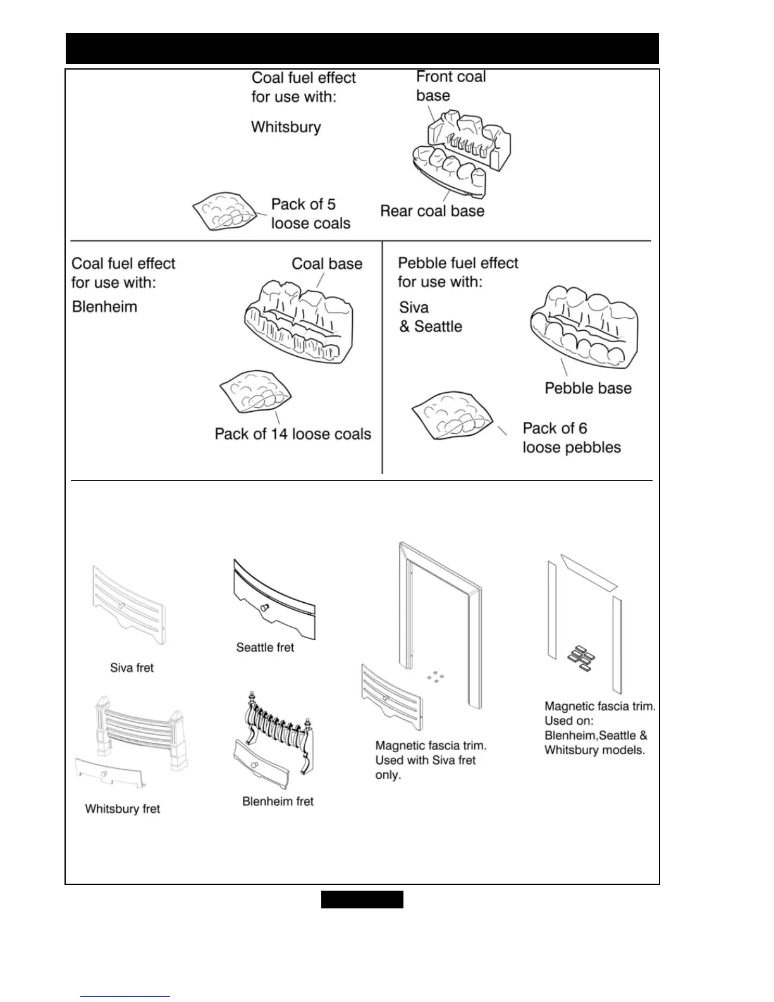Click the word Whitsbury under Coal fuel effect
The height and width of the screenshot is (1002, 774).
tap(286, 127)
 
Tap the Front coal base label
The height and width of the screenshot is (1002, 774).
tap(450, 86)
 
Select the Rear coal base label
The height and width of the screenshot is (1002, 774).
tap(432, 211)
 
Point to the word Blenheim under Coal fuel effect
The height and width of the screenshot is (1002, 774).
tap(104, 307)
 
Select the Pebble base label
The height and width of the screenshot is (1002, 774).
tap(588, 388)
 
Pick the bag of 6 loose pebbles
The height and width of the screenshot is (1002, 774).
tap(451, 415)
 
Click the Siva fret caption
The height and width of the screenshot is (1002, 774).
tap(132, 668)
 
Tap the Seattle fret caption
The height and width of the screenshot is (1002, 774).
tap(265, 648)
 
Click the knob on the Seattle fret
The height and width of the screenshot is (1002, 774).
tap(264, 608)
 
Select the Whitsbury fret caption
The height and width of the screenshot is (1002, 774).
tap(123, 809)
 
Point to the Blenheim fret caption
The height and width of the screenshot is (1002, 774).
tap(278, 801)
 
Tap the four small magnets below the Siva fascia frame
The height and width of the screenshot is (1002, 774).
tap(434, 676)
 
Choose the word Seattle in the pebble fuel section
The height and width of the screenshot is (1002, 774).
tap(438, 327)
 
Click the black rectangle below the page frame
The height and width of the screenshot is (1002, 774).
tap(362, 899)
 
